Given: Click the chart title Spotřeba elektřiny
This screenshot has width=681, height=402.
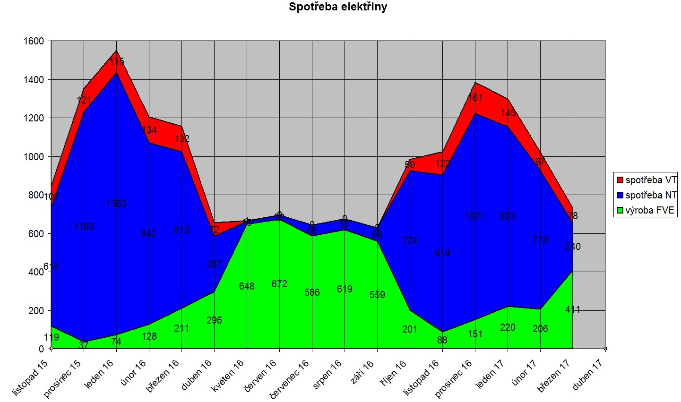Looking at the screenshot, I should [338, 7].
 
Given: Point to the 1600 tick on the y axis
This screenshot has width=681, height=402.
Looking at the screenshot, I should [34, 42].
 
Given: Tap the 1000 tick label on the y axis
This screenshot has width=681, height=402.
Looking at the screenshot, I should [34, 157].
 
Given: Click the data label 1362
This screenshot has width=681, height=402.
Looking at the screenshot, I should [116, 204].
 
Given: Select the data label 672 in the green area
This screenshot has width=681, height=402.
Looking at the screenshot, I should [279, 284].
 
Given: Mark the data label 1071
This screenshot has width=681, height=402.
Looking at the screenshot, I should [475, 216].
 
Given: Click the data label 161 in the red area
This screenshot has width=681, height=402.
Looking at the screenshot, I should [475, 98].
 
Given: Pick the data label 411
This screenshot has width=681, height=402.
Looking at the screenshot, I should [573, 309].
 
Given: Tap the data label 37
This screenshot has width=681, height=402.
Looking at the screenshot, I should [84, 345].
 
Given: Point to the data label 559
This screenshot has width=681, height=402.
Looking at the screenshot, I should [377, 295].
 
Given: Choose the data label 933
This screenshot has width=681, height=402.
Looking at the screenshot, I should [508, 216].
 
